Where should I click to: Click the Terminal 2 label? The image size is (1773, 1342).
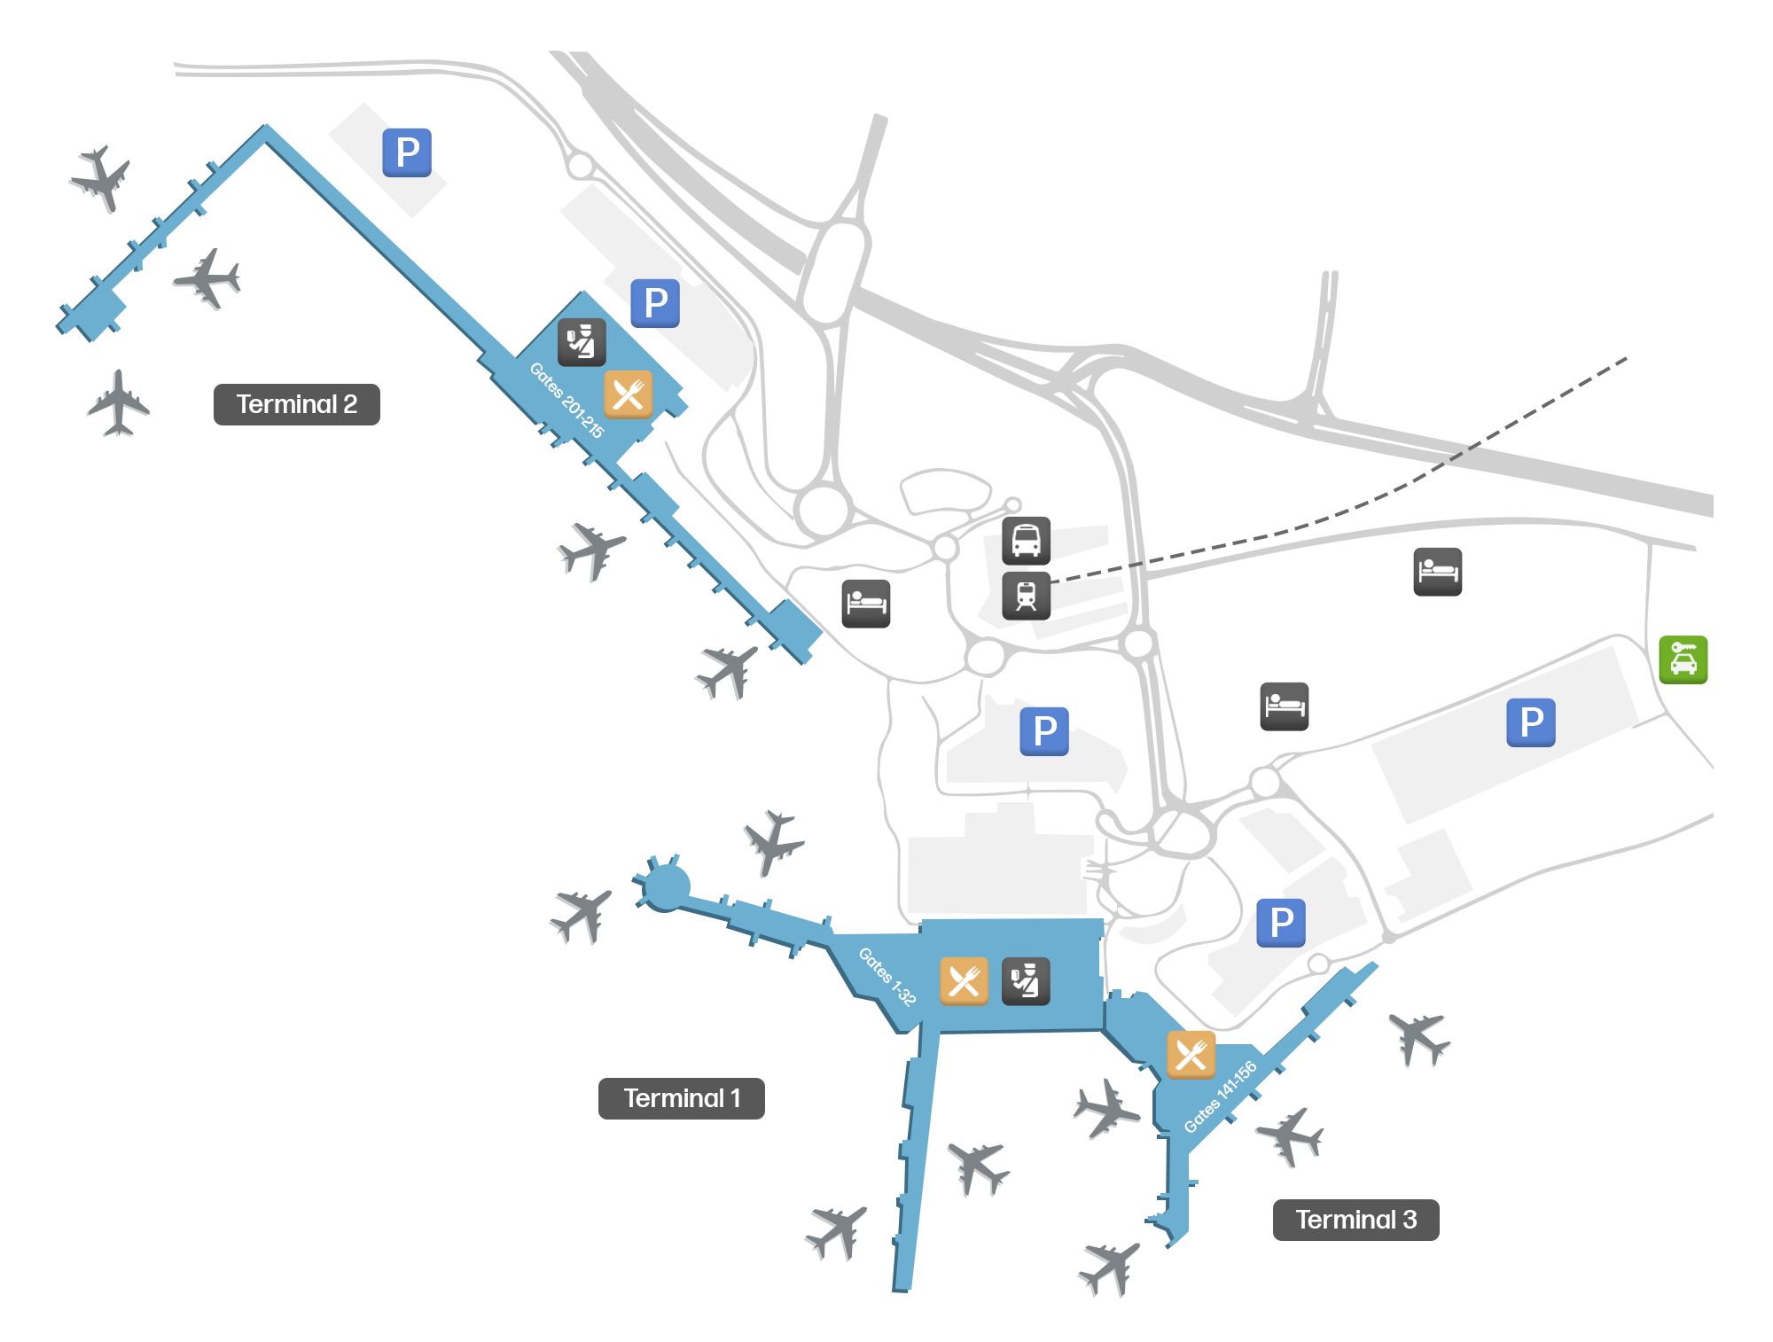pos(296,404)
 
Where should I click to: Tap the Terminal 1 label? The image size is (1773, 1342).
pos(681,1098)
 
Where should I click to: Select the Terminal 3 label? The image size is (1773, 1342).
pos(1355,1220)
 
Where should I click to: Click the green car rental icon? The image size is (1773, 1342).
pos(1683,659)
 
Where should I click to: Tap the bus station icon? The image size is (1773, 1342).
pos(1026,541)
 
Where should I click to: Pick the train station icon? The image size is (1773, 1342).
pos(1026,595)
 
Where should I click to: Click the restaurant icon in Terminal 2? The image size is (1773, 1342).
pos(628,394)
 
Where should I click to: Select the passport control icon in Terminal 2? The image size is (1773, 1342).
pos(582,342)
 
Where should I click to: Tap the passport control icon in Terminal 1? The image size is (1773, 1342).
pos(1026,981)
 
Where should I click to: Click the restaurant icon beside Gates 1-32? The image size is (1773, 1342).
pos(964,981)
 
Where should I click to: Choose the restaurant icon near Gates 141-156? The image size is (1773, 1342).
pos(1191,1055)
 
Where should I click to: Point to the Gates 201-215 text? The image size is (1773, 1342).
pos(566,401)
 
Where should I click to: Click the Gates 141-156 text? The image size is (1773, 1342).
pos(1221,1096)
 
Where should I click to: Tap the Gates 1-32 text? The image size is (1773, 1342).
pos(886,976)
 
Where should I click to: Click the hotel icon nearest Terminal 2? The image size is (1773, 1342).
pos(865,604)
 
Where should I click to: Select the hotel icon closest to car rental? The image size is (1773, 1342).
pos(1437,572)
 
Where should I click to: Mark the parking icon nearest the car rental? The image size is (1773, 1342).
pos(1531,722)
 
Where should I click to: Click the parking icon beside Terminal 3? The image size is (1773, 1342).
pos(1281,923)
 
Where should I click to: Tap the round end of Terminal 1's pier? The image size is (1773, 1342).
pos(666,886)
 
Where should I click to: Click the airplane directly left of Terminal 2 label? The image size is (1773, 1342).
pos(118,404)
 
